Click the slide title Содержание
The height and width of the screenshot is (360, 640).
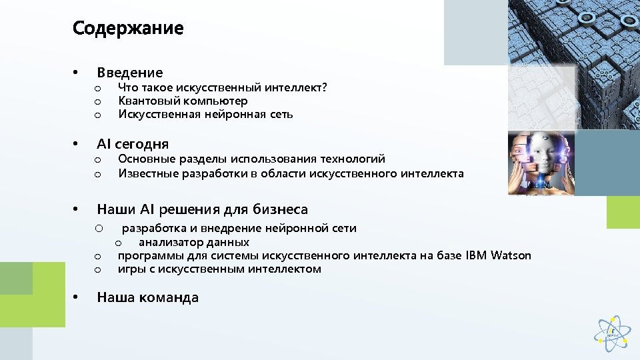point(127,29)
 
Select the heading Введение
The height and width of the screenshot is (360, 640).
point(129,73)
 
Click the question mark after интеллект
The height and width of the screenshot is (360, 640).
point(324,87)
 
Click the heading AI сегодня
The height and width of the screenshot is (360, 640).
point(133,144)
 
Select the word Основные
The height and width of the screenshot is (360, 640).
point(146,159)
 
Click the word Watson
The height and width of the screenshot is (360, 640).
point(511,255)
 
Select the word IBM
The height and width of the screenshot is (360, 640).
point(476,255)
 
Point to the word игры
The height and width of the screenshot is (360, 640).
point(129,269)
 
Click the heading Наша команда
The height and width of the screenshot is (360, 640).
point(147,298)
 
